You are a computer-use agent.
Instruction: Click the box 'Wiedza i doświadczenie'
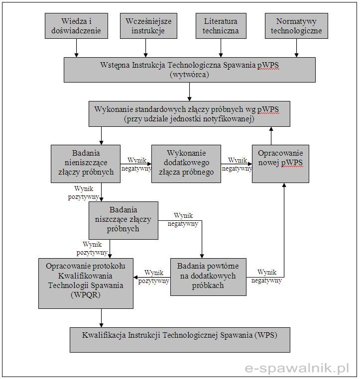click(76, 26)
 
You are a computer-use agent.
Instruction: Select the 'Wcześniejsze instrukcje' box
click(148, 26)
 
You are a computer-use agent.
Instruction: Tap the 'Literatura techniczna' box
click(221, 26)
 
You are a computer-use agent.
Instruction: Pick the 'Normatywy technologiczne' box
click(296, 26)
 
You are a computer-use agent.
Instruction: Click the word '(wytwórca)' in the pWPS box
click(189, 75)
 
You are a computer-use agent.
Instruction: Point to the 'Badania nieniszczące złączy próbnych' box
click(86, 164)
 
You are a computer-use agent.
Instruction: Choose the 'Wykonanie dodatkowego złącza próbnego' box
click(186, 164)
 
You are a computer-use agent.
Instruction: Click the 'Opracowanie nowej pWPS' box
click(280, 164)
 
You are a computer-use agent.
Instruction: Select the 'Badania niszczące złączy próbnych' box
click(123, 220)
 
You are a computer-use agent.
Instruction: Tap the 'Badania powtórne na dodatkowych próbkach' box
click(208, 277)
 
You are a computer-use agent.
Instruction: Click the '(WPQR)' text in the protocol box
click(86, 295)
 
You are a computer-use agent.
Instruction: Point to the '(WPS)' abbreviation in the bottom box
click(266, 335)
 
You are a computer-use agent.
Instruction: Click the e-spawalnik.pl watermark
click(297, 369)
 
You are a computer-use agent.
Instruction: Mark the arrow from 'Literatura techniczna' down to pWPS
click(221, 48)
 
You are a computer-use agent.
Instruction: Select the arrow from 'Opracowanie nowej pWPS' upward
click(271, 136)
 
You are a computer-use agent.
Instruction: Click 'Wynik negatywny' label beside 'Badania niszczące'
click(183, 220)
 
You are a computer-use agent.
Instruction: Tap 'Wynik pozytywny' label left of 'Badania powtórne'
click(154, 277)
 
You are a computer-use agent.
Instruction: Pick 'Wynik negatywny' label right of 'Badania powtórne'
click(266, 276)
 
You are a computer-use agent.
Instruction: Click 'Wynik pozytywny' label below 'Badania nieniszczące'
click(84, 192)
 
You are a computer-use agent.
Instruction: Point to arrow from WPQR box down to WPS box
click(102, 318)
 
